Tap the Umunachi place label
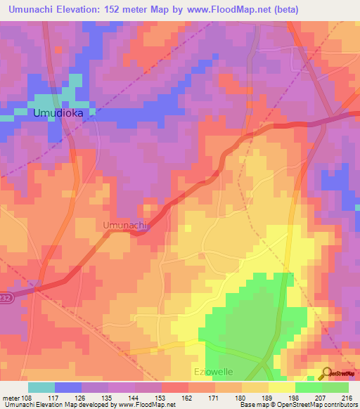point(124,226)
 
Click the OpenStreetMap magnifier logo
point(328,372)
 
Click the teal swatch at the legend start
point(41,387)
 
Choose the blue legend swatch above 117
point(68,387)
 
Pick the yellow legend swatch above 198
point(281,387)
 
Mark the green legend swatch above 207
point(308,387)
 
